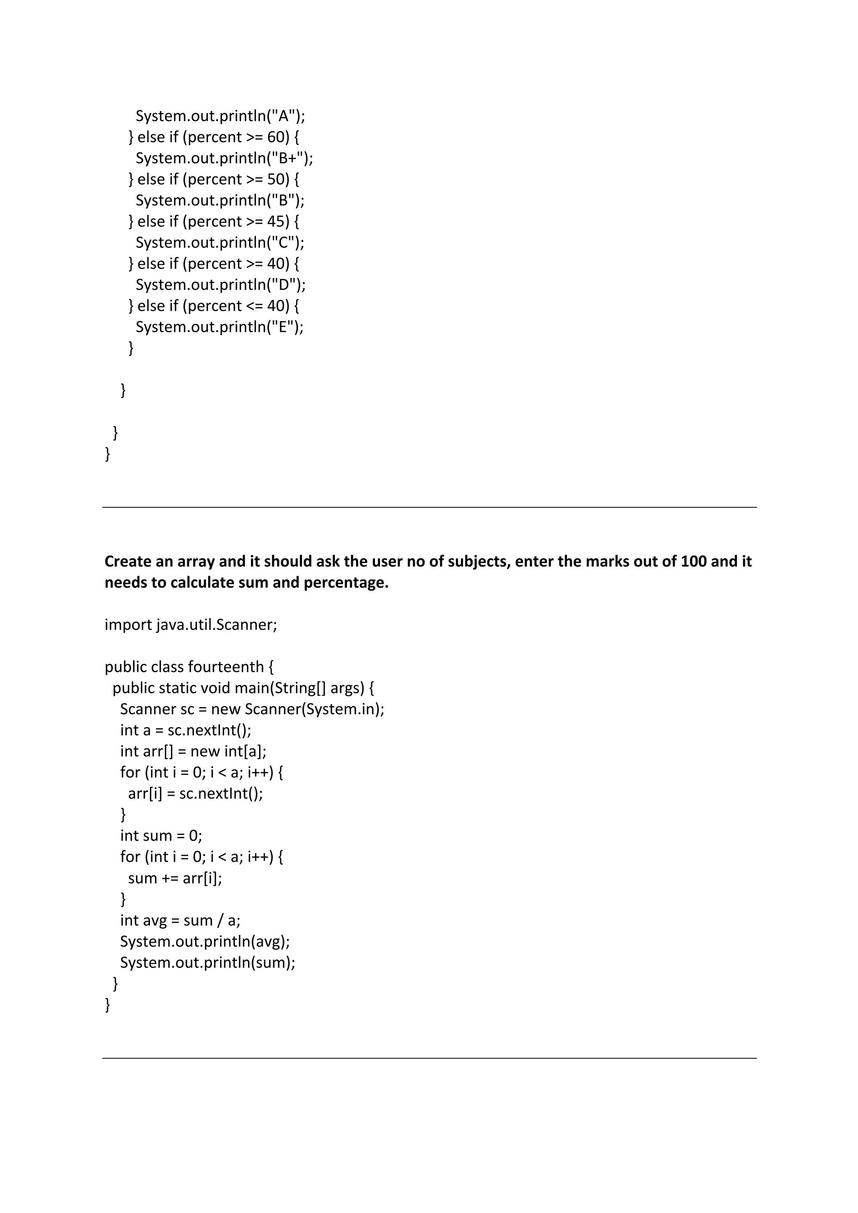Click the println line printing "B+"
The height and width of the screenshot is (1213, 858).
(x=224, y=158)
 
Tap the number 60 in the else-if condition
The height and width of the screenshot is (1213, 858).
(x=276, y=137)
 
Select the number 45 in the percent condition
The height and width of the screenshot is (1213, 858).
(x=276, y=221)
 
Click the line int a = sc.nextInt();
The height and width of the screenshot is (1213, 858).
(x=186, y=730)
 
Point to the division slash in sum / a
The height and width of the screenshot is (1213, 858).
(x=219, y=920)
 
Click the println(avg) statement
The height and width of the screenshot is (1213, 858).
(x=204, y=942)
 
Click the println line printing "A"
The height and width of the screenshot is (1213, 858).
(x=220, y=116)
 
